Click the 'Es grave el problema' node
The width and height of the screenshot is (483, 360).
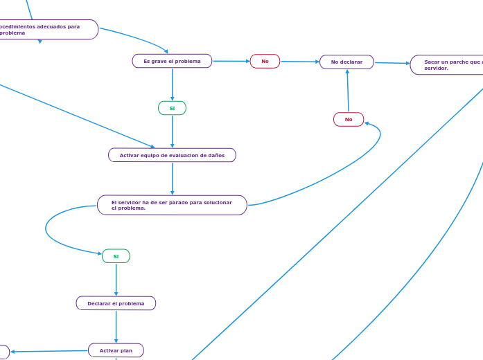[x=172, y=61]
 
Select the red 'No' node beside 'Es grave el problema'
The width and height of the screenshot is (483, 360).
[x=265, y=62]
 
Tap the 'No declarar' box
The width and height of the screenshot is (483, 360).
[x=346, y=62]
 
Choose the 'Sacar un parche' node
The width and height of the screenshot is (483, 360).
[x=447, y=65]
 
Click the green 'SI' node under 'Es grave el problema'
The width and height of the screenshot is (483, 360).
[x=172, y=108]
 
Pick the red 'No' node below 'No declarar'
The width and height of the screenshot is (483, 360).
[x=349, y=120]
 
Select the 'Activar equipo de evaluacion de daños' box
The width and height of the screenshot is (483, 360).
[x=172, y=155]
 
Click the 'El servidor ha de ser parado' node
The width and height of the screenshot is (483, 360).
[x=172, y=205]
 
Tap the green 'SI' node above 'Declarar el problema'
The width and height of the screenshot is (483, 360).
[x=116, y=256]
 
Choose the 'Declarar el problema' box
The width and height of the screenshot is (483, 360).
[x=116, y=303]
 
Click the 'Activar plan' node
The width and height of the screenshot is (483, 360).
[x=116, y=350]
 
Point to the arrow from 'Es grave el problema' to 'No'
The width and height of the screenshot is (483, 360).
[x=231, y=61]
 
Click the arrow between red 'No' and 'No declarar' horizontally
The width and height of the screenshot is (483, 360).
[x=299, y=62]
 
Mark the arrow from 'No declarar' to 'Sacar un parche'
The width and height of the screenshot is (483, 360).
[x=392, y=63]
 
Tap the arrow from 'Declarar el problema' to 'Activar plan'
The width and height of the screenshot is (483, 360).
[x=116, y=326]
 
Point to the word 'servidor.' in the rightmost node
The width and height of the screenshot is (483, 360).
[x=437, y=69]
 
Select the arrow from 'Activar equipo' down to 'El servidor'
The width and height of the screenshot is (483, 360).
[x=172, y=179]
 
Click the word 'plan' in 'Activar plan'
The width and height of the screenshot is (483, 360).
[x=125, y=350]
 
